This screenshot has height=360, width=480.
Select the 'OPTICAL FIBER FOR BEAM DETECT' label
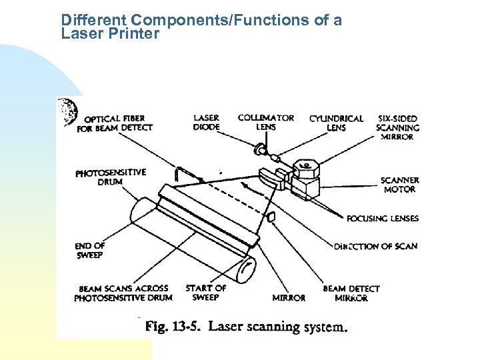(x=115, y=123)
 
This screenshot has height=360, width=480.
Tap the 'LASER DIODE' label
(x=206, y=123)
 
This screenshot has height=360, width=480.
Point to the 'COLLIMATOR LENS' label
(x=266, y=123)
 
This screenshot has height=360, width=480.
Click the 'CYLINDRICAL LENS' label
(x=336, y=123)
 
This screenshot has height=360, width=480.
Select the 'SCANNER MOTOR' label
(x=399, y=185)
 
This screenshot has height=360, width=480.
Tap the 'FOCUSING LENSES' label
(x=383, y=218)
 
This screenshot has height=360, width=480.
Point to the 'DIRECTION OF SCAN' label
(x=375, y=246)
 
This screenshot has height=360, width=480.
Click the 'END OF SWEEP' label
(x=90, y=250)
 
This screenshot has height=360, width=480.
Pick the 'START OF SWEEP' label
(x=205, y=293)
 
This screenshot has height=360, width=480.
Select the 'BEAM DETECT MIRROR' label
(x=351, y=293)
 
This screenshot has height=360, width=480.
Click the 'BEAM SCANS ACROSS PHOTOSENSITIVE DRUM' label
(x=123, y=293)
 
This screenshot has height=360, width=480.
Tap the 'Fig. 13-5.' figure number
(x=173, y=327)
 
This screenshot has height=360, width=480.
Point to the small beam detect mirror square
(x=271, y=217)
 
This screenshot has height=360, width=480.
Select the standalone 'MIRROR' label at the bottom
(x=289, y=298)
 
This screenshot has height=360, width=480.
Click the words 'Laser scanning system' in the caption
(x=278, y=327)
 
